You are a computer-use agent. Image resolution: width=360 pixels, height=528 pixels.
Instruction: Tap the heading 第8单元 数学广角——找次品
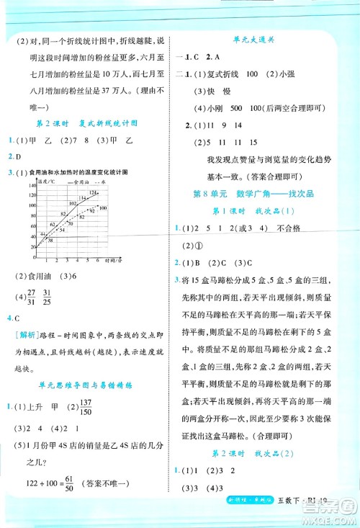pyautogui.click(x=256, y=194)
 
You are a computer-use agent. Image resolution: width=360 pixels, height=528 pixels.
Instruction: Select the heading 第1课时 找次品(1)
pyautogui.click(x=257, y=210)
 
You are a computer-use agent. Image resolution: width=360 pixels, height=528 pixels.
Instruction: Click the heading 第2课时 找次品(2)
pyautogui.click(x=257, y=453)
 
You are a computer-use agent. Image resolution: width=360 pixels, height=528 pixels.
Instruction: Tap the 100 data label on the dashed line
pyautogui.click(x=103, y=208)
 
